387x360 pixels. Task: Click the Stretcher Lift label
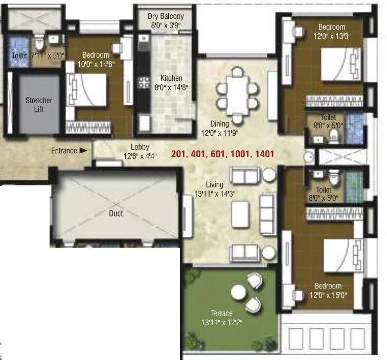[x=39, y=105]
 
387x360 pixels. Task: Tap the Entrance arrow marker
[x=83, y=151]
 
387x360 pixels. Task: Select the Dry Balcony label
[x=165, y=16]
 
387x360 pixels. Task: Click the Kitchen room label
[x=171, y=79]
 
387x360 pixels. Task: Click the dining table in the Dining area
[x=237, y=93]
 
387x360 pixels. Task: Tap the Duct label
[x=116, y=213]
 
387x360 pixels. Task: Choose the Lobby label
[x=140, y=147]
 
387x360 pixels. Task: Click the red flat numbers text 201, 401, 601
[x=223, y=154]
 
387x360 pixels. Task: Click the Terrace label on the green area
[x=221, y=313]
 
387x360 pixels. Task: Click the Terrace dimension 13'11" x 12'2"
[x=221, y=322]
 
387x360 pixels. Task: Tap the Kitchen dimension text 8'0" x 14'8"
[x=172, y=87]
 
